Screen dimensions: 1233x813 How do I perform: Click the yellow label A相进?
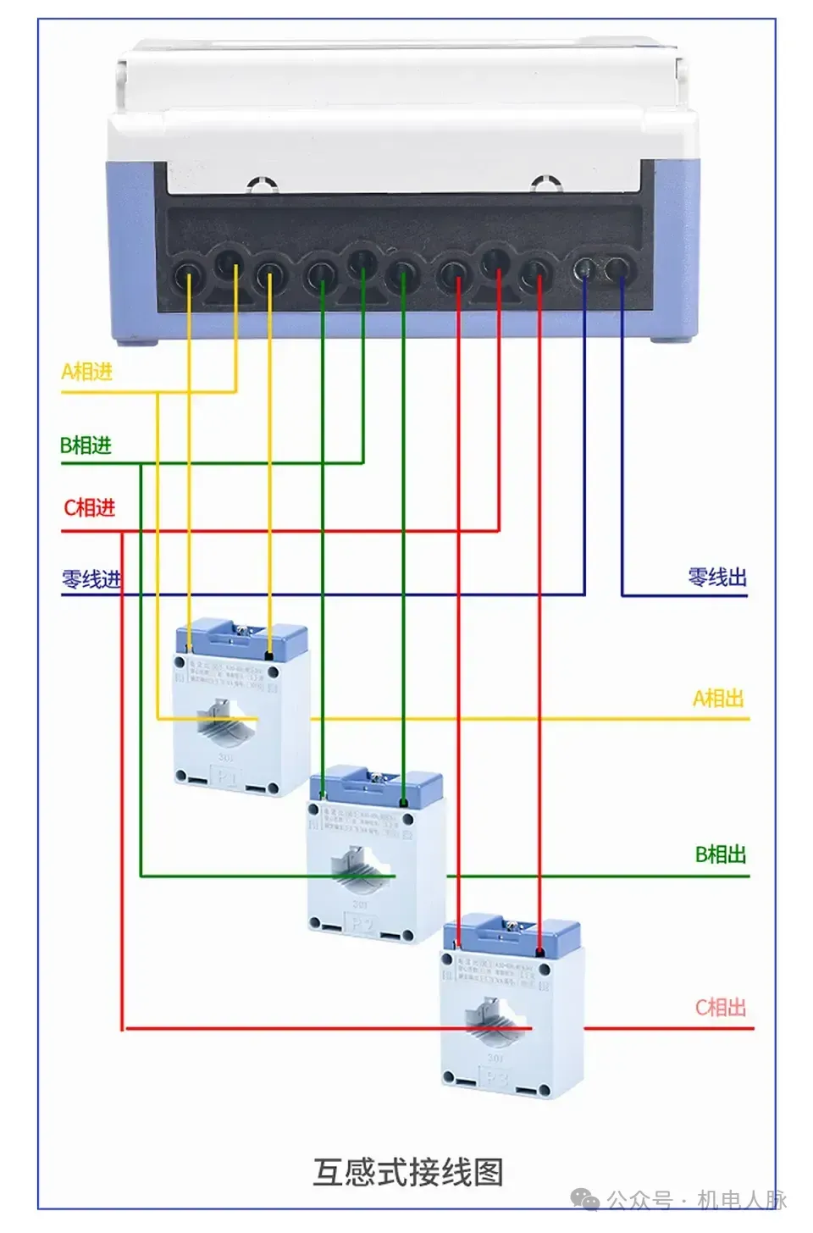click(86, 372)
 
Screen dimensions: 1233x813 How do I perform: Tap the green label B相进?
click(86, 445)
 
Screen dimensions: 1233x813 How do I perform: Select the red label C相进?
click(89, 508)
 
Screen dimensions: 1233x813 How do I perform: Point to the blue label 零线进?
click(91, 580)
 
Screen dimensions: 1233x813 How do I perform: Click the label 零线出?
click(717, 578)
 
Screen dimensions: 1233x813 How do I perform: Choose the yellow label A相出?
click(718, 699)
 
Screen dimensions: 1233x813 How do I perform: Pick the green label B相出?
click(721, 854)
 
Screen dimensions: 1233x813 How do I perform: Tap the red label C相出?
click(721, 1008)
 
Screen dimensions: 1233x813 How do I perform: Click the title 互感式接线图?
click(408, 1173)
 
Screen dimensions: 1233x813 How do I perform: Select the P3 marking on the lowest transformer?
click(496, 1079)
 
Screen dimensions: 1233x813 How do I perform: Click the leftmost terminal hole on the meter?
click(188, 274)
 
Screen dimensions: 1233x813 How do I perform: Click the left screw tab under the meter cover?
click(263, 184)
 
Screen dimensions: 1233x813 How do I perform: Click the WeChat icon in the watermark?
click(584, 1200)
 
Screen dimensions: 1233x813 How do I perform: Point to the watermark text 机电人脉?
click(742, 1200)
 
